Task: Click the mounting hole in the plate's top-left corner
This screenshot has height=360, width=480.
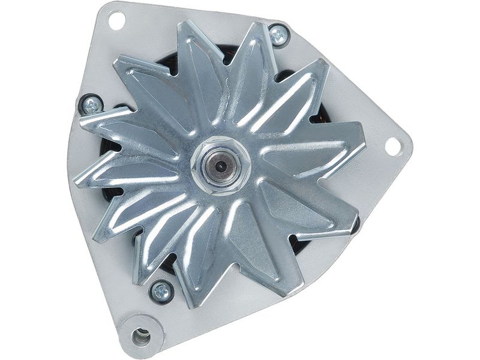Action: [x=116, y=20]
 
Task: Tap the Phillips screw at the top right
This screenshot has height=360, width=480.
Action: [x=279, y=35]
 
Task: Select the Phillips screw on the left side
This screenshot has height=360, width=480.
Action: [x=91, y=105]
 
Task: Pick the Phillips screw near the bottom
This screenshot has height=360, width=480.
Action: [x=161, y=292]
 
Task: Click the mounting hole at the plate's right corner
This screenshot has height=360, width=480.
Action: [x=392, y=146]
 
